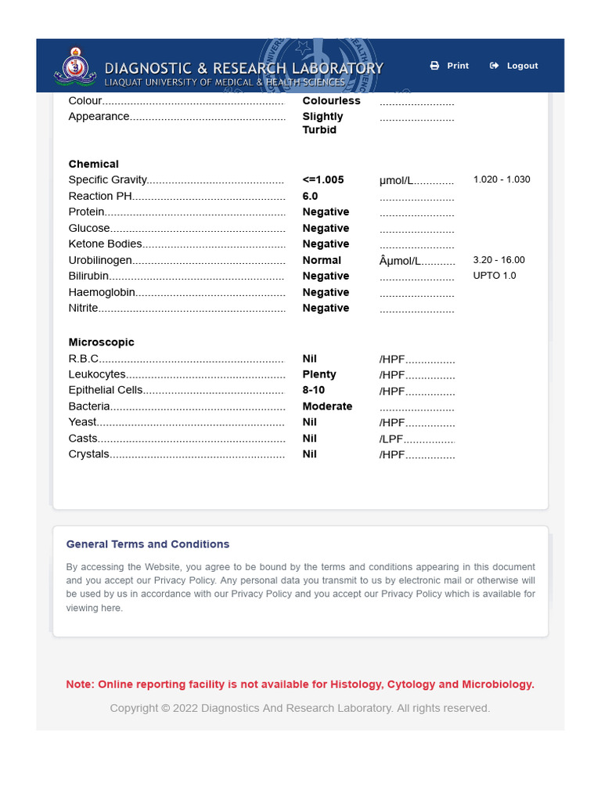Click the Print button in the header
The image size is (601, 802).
tap(450, 66)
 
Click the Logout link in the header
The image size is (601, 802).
tap(514, 66)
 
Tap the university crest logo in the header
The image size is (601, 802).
tap(75, 67)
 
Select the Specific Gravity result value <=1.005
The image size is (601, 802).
tap(323, 180)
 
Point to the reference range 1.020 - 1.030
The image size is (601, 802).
tap(502, 179)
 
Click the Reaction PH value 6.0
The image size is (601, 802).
tap(311, 197)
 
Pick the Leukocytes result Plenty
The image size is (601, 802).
tap(319, 374)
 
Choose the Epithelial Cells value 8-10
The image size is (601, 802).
tap(314, 390)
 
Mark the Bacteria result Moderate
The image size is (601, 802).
tap(327, 406)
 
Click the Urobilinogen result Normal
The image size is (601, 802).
tap(322, 260)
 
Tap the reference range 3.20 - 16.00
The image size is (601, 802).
tap(499, 260)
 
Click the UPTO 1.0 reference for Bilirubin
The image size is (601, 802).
tap(495, 276)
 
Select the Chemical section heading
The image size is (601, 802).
tap(94, 164)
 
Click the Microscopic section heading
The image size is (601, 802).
tap(102, 342)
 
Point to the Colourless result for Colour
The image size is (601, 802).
tap(332, 101)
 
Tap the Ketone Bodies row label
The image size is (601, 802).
tap(106, 244)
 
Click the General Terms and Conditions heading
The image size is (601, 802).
tap(148, 544)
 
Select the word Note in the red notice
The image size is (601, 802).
tap(79, 685)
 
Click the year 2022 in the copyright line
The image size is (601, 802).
tap(185, 708)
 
